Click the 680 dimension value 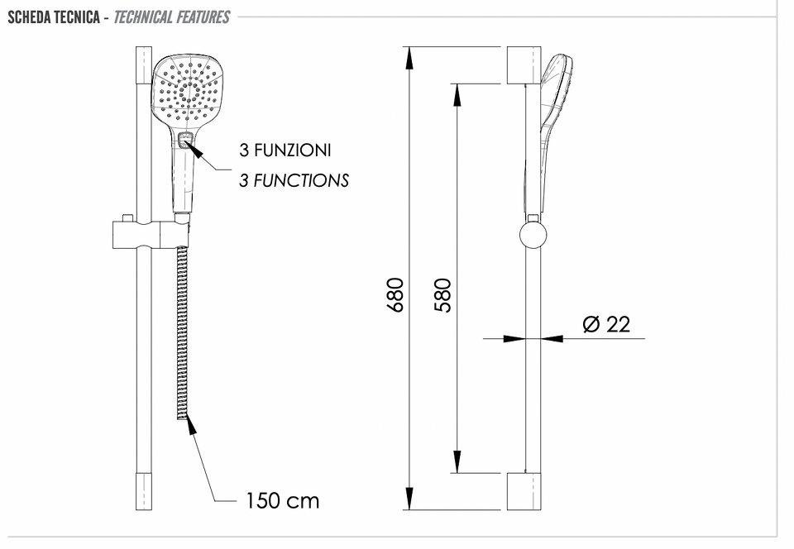[395, 295]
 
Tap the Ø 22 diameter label [606, 324]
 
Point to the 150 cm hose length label [283, 500]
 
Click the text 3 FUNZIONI [285, 150]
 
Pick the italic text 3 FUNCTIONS [294, 180]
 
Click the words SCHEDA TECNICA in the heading [54, 17]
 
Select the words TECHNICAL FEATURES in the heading [172, 17]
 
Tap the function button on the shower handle [185, 140]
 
